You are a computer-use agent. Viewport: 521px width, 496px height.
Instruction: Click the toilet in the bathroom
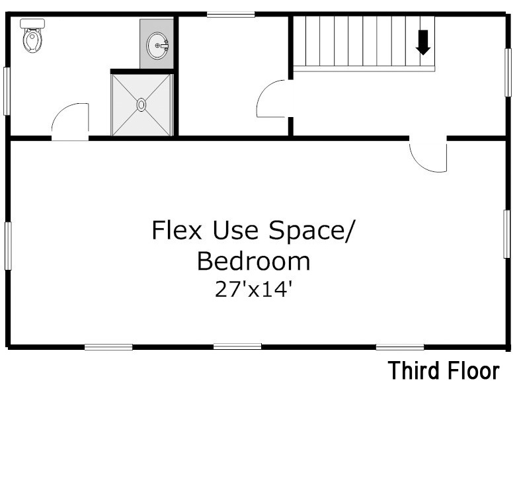click(32, 36)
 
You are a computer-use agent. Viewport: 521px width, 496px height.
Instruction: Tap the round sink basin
click(157, 46)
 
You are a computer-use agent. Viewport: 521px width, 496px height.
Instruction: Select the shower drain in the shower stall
click(141, 104)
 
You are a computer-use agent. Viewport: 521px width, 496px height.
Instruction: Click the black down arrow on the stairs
click(423, 42)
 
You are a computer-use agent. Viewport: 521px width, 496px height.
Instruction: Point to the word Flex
click(177, 230)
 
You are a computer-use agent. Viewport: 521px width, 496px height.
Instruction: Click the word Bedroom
click(253, 261)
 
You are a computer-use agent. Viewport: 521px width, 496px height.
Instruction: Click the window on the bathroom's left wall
click(7, 91)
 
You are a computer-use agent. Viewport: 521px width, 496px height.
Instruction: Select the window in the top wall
click(231, 15)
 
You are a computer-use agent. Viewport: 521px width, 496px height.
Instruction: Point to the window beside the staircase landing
click(508, 73)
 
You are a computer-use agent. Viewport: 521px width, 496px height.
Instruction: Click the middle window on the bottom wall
click(237, 347)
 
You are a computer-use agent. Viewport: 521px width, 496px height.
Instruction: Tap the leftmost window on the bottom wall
click(108, 347)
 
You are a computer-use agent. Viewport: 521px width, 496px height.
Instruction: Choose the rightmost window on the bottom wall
click(400, 347)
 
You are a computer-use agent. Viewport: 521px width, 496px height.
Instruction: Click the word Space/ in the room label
click(312, 231)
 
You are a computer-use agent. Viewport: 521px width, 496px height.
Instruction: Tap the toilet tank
click(32, 23)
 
